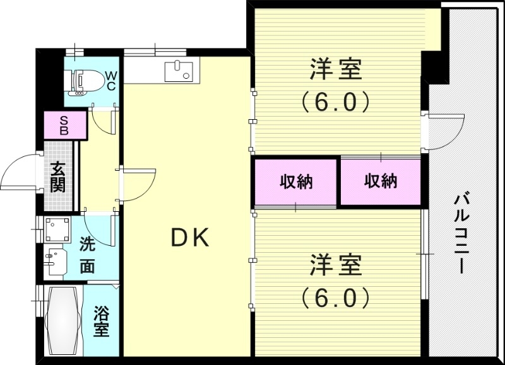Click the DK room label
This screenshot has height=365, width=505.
tap(191, 238)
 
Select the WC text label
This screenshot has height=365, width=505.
tap(110, 80)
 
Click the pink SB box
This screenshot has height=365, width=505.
tap(64, 125)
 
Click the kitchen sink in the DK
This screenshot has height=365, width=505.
tap(177, 71)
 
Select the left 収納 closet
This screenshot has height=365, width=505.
tap(296, 182)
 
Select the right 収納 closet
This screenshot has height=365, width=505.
tap(380, 182)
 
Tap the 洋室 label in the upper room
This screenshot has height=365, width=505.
tap(336, 70)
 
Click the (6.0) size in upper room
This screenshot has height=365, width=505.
tap(336, 101)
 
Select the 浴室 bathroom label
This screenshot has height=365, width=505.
tap(101, 321)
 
